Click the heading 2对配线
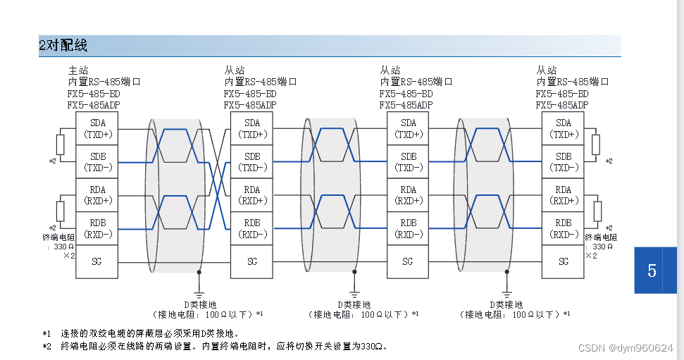pos(63,46)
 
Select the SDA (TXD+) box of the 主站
pos(97,128)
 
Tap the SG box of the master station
pos(97,261)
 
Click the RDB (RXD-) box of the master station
pos(97,228)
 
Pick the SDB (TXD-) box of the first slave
pos(252,161)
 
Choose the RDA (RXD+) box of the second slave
pos(408,195)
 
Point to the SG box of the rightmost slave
pos(564,261)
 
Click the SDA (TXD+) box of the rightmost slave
pos(564,128)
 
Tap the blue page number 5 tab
pos(652,270)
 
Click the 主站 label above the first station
pos(77,70)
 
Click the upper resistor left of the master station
pos(61,144)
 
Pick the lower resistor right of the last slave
pos(597,211)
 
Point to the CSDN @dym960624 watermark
pos(626,348)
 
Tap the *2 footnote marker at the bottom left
pos(46,346)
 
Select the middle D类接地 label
pos(354,304)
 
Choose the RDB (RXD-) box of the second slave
pos(408,228)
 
